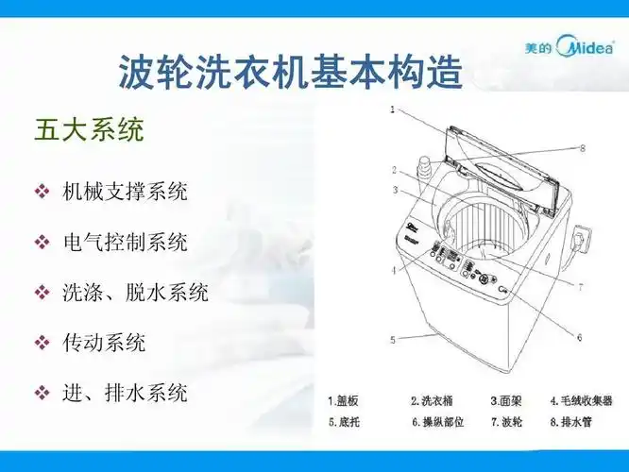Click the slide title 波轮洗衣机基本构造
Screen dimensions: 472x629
[291, 71]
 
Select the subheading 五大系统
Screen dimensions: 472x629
[89, 129]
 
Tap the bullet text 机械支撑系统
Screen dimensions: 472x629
[125, 192]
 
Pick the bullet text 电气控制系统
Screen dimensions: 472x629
[125, 243]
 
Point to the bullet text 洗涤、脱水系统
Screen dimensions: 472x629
[135, 293]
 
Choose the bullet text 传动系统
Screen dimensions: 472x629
[104, 342]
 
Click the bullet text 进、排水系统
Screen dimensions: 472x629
[125, 392]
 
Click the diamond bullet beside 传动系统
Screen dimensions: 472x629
[42, 343]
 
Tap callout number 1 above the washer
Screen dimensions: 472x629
[391, 110]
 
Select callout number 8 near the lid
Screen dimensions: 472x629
[583, 148]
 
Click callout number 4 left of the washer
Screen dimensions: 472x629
[391, 271]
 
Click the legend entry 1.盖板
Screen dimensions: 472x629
[344, 400]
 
